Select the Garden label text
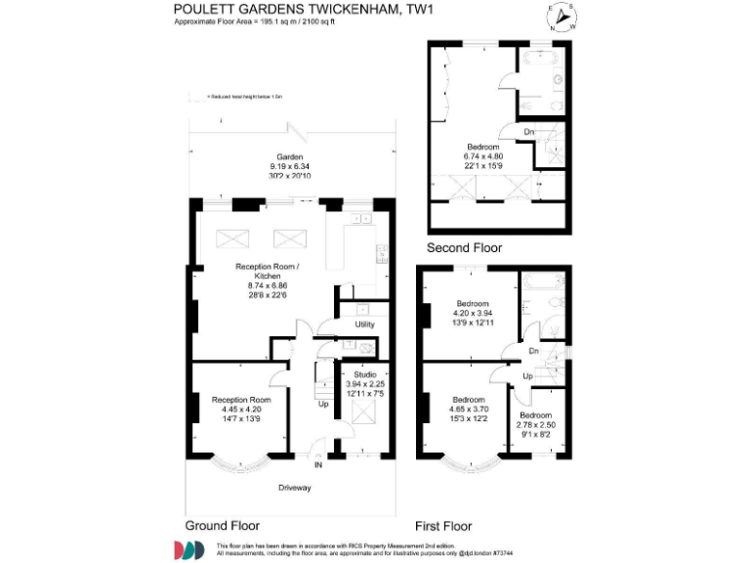pyautogui.click(x=289, y=156)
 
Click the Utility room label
pyautogui.click(x=364, y=324)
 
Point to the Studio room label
pyautogui.click(x=364, y=374)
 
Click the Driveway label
pyautogui.click(x=294, y=487)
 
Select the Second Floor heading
pyautogui.click(x=464, y=247)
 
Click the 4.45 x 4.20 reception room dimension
pyautogui.click(x=235, y=410)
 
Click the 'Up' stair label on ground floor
pyautogui.click(x=323, y=403)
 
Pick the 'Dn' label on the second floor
pyautogui.click(x=528, y=132)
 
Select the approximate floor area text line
pyautogui.click(x=253, y=22)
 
